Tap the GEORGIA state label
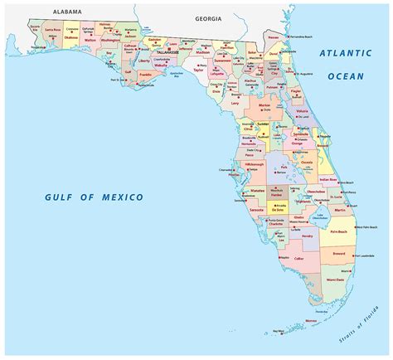point(209,17)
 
